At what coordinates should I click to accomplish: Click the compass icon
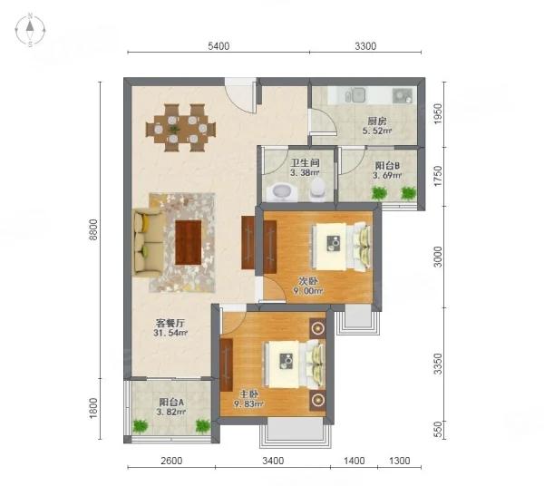pos(30,30)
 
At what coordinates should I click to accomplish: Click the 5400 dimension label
pos(219,46)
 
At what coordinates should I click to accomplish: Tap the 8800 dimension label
pos(92,229)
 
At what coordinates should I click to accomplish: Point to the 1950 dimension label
pos(439,113)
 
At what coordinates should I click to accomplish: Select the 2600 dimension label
pos(171,461)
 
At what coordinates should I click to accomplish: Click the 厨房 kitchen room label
pos(377,121)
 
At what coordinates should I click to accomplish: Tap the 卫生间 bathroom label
pos(305,162)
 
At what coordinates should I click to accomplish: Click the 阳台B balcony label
pos(387,165)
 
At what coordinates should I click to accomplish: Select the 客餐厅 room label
pos(170,323)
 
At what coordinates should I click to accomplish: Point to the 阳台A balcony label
pos(171,403)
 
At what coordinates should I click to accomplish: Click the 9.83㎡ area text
pos(248,403)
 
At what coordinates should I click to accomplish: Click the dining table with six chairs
pos(180,128)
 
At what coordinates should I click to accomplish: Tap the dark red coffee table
pos(188,242)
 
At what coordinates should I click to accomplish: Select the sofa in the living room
pos(147,242)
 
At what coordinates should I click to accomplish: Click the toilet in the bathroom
pos(317,190)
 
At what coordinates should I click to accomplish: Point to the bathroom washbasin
pos(283,192)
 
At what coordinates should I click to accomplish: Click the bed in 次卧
pos(342,246)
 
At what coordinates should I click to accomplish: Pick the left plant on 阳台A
pos(140,425)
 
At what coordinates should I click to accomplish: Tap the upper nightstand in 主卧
pos(317,327)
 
